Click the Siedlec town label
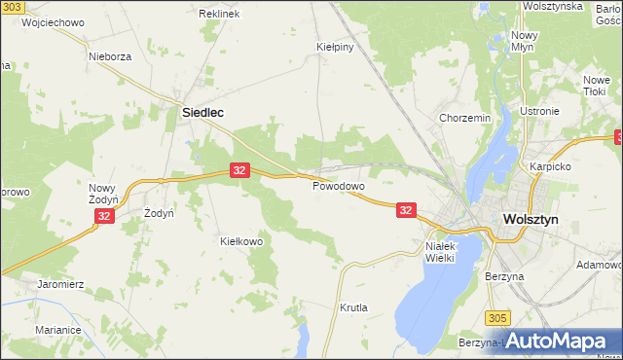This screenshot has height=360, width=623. click(203, 113)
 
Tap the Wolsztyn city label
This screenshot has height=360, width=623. click(530, 220)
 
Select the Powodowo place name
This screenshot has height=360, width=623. click(338, 186)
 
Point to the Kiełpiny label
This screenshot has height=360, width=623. click(334, 46)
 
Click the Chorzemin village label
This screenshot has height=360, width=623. click(464, 118)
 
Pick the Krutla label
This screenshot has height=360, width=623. click(353, 307)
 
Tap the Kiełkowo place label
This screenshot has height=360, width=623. click(241, 241)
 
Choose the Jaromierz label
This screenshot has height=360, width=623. click(61, 284)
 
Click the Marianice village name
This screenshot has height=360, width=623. click(58, 330)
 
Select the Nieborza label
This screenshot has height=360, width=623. click(109, 56)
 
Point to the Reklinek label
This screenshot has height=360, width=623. click(219, 15)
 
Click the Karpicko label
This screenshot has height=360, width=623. click(548, 166)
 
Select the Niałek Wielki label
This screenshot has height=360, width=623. click(447, 252)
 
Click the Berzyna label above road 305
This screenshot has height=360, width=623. click(504, 276)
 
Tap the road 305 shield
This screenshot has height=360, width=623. click(497, 317)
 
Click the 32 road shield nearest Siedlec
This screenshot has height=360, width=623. click(240, 170)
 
